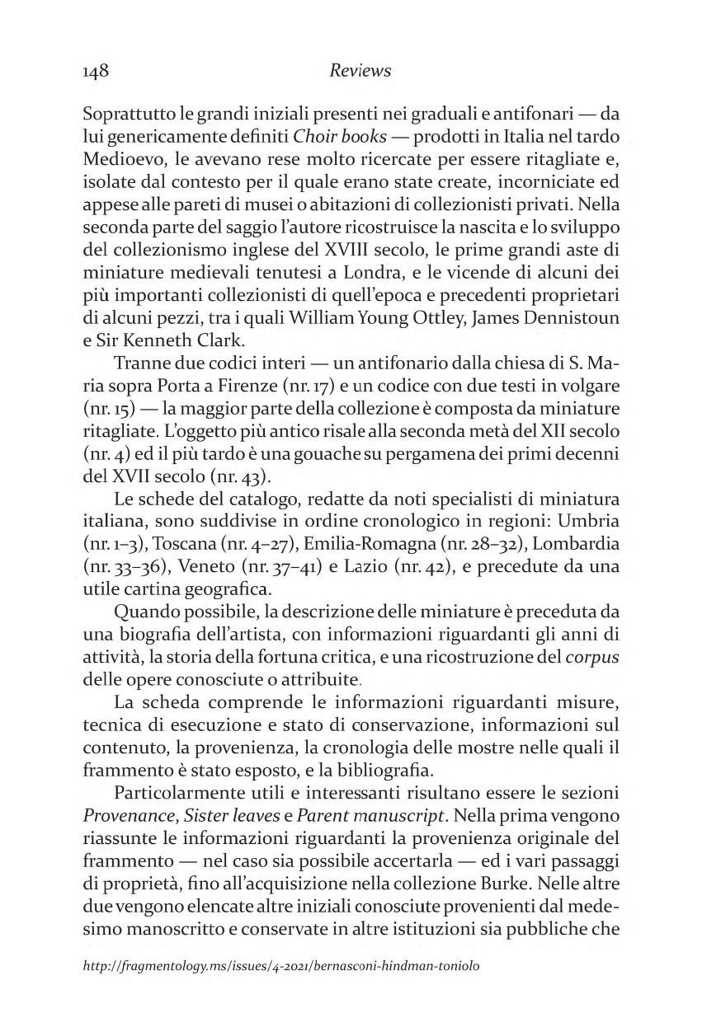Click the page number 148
pos(97,71)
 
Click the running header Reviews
pos(360,71)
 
